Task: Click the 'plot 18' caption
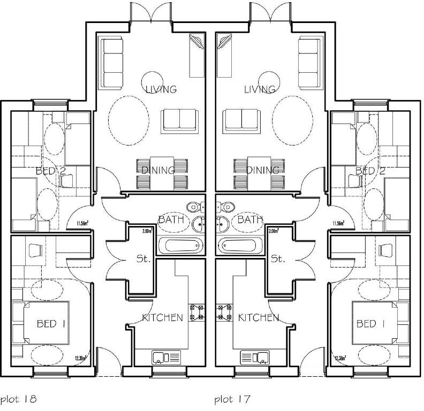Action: pyautogui.click(x=18, y=399)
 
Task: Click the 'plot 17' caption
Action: pyautogui.click(x=232, y=399)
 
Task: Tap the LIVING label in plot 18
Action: pyautogui.click(x=161, y=89)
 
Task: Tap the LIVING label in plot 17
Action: pyautogui.click(x=260, y=89)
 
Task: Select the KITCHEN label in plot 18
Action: pyautogui.click(x=162, y=317)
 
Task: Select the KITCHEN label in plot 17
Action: pyautogui.click(x=259, y=317)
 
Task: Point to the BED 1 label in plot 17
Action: pyautogui.click(x=370, y=323)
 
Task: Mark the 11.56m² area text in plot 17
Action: pyautogui.click(x=338, y=223)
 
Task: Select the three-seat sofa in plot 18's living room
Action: pyautogui.click(x=112, y=63)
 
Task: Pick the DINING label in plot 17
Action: pyautogui.click(x=263, y=171)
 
